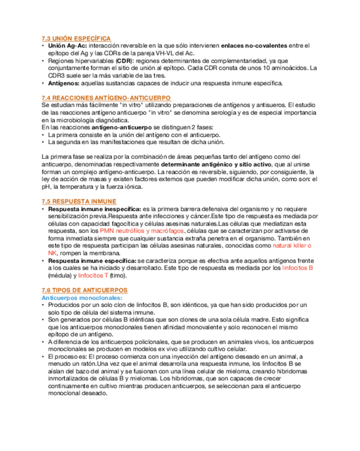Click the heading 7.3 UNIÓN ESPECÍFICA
(76, 38)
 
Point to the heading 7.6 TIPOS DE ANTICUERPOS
(85, 290)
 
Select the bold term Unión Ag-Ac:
(69, 46)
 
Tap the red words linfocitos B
(297, 269)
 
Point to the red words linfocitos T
(93, 277)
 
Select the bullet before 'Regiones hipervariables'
(43, 61)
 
